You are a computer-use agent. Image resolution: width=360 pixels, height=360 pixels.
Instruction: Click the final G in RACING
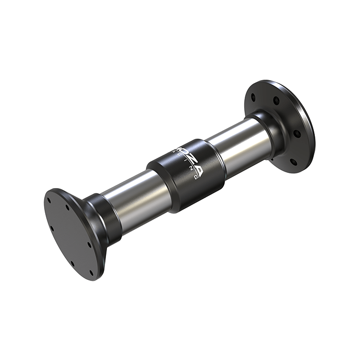coord(196,178)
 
